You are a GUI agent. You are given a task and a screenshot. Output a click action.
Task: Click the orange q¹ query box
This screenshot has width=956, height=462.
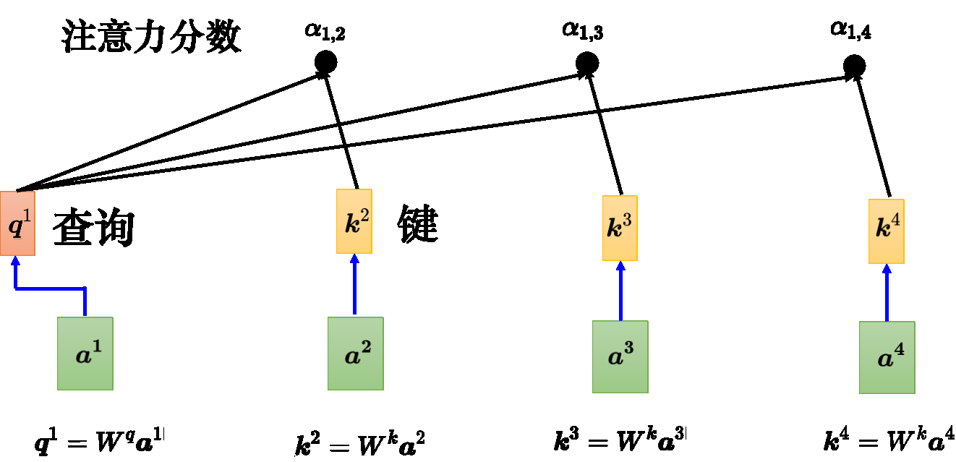pos(17,223)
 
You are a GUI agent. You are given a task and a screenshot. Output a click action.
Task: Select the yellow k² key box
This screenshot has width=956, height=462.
pos(354,221)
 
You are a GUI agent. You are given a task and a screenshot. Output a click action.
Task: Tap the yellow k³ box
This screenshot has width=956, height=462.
pos(620,228)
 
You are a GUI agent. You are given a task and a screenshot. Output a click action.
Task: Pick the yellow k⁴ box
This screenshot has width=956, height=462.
pos(886,231)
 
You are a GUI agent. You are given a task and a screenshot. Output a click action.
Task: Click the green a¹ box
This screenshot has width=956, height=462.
pos(85,354)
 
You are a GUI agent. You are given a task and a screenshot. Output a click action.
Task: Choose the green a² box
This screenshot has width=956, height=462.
pos(355,354)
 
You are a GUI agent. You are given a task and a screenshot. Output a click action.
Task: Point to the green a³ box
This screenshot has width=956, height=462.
pos(620,356)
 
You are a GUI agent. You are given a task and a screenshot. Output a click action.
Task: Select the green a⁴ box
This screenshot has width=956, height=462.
pos(887,358)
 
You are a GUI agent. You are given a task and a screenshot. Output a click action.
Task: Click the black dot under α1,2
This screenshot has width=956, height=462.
pos(325,63)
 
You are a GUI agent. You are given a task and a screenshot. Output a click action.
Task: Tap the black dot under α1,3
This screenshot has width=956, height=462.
pos(586,63)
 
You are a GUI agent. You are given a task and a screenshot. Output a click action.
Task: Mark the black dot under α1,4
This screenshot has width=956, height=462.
pos(854,67)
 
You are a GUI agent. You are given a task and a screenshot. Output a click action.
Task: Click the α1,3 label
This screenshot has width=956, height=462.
pos(582,30)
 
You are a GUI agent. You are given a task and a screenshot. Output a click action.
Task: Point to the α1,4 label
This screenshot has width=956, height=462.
pos(850,30)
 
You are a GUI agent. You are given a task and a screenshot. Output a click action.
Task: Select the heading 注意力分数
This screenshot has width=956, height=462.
pos(151,38)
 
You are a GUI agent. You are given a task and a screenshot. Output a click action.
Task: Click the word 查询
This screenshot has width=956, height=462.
pos(94,231)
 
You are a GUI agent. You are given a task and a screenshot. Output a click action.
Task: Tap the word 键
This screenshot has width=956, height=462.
pos(418,225)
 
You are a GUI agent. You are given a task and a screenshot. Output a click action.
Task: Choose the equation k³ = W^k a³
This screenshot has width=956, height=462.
pos(620,440)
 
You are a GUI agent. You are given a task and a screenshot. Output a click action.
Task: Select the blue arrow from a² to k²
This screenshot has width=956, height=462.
pos(354,285)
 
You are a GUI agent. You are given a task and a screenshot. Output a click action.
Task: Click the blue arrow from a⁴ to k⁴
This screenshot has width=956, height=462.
pos(887,293)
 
